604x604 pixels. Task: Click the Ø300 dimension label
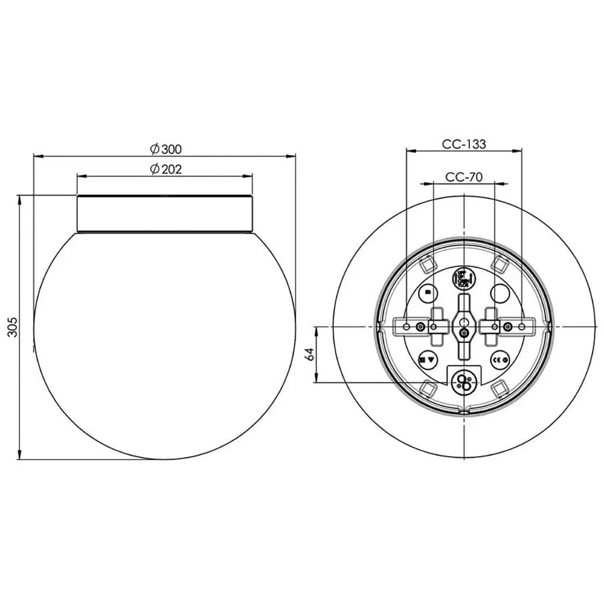(x=165, y=148)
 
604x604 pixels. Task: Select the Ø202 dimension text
(x=165, y=169)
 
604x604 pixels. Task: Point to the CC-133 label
(x=463, y=144)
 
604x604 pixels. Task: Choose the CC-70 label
(x=463, y=176)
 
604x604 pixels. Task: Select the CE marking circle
(x=499, y=360)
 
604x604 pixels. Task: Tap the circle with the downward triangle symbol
(x=428, y=360)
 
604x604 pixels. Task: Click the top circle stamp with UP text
(x=463, y=278)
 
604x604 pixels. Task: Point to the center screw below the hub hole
(x=463, y=333)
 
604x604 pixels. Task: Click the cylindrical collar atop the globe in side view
(x=165, y=214)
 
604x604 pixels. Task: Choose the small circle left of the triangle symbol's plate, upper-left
(x=428, y=293)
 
